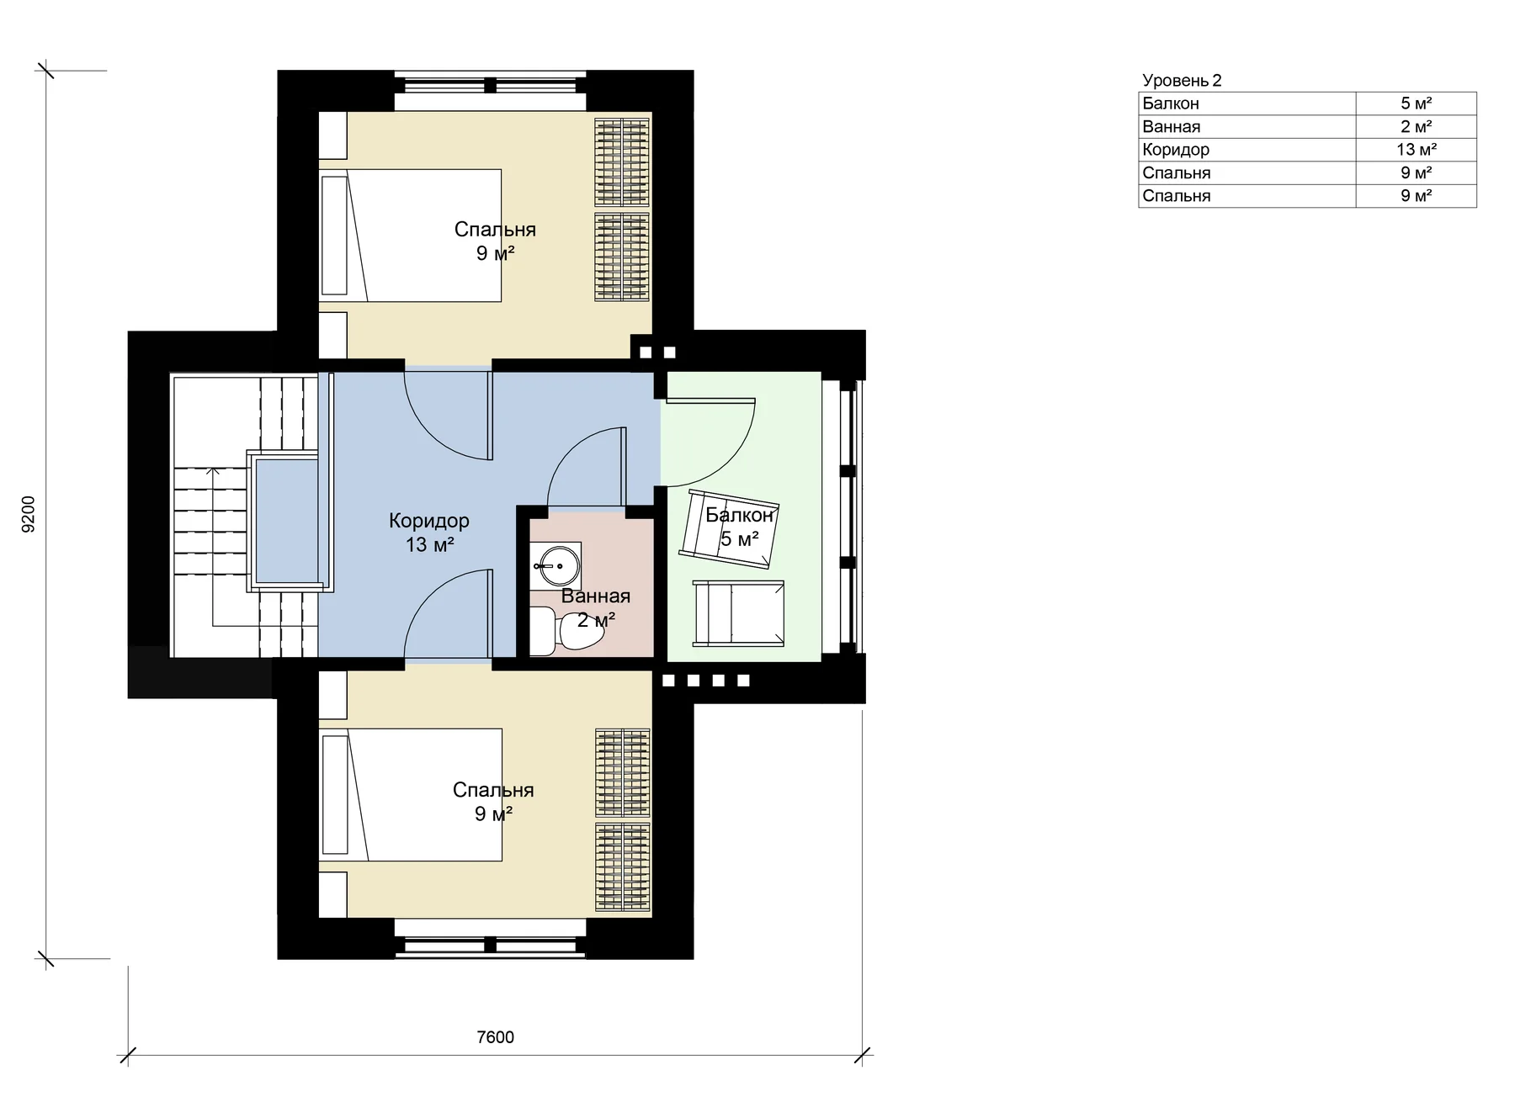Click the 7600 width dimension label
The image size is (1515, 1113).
495,1036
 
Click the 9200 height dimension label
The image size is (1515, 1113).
28,514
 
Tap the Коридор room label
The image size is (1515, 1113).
429,521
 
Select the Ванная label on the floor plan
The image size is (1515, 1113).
596,596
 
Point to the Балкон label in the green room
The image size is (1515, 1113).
740,515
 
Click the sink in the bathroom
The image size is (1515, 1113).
555,565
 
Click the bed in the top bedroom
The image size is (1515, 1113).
410,236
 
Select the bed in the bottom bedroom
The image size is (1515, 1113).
410,794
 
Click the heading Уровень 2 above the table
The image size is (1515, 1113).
1182,81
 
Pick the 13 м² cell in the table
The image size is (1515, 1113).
1417,150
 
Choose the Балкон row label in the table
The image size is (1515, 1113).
1171,103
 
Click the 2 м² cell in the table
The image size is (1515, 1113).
1417,127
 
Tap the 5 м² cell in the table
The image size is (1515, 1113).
1417,103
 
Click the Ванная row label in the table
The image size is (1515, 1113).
1172,127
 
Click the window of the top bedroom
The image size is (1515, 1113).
491,85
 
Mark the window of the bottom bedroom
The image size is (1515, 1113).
491,946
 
